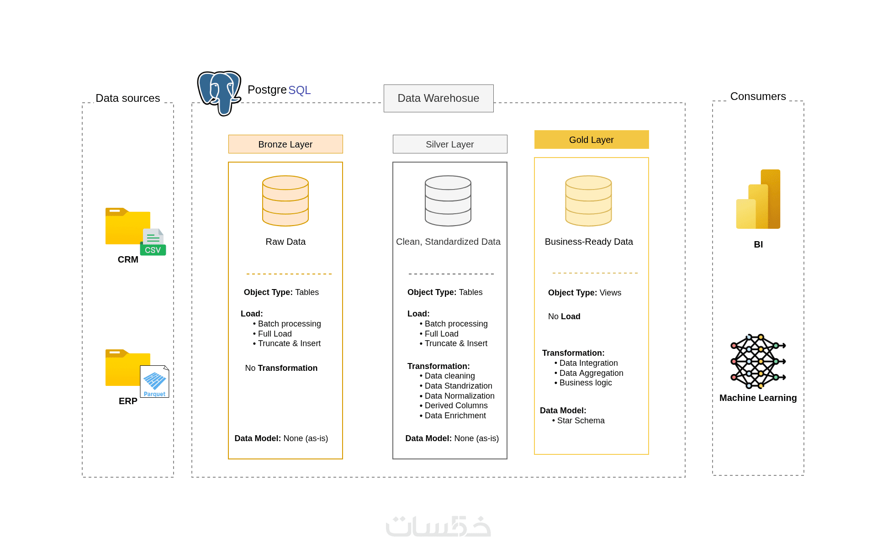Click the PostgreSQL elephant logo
219,93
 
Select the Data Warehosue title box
438,98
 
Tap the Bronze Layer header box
285,144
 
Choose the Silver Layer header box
450,144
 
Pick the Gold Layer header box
592,140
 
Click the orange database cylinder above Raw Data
285,201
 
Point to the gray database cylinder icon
448,201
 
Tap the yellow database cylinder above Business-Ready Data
588,201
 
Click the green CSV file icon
153,242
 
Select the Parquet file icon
154,381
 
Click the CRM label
128,259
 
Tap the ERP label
128,401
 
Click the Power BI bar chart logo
758,199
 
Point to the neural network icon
758,361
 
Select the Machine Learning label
758,398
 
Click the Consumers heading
758,96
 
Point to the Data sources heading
128,98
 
